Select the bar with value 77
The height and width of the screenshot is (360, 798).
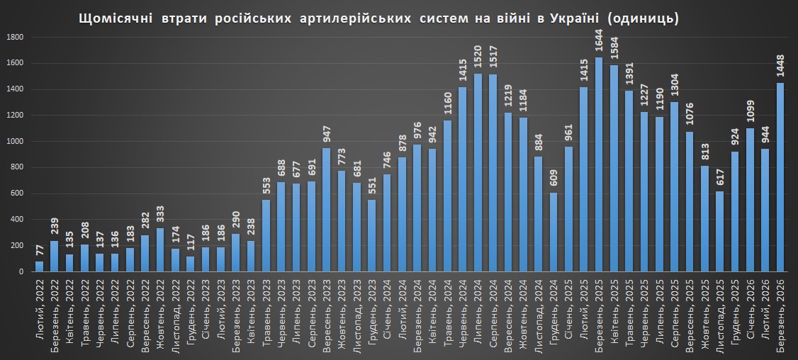click(x=39, y=266)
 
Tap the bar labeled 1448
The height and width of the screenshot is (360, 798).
click(x=780, y=177)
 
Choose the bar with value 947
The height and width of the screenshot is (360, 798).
click(x=326, y=210)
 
